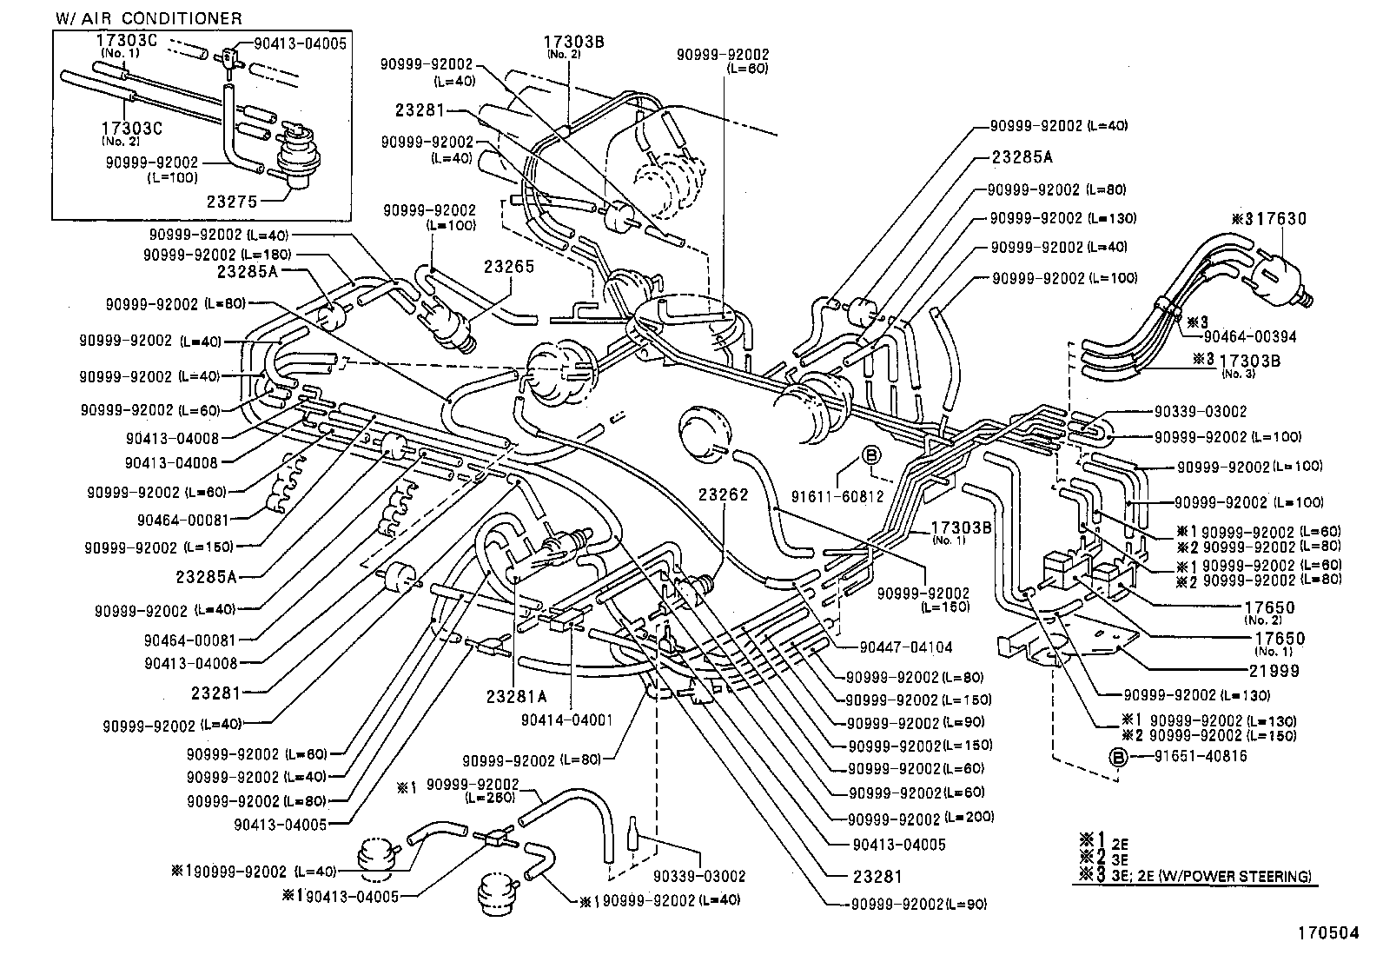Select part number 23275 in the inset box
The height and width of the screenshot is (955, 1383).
232,201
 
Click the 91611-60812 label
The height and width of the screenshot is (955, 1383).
837,496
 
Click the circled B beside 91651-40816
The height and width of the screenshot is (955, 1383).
1117,757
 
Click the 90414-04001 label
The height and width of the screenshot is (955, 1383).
567,720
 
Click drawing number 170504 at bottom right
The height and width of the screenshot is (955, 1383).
1327,933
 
